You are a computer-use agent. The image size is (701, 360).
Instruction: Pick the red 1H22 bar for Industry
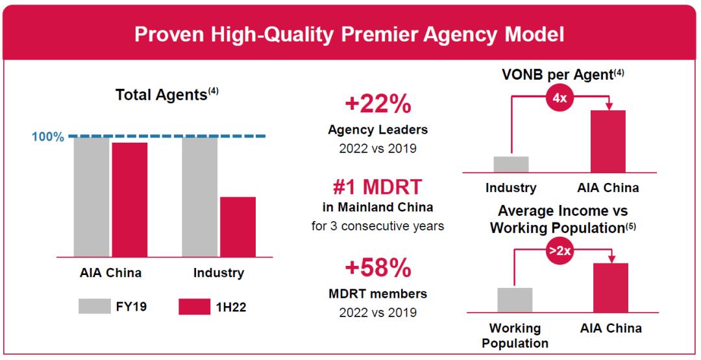[238, 226]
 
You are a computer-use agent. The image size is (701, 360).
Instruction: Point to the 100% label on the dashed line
[47, 137]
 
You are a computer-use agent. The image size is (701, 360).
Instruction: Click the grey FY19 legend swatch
[94, 306]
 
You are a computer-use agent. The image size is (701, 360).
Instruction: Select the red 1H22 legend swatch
[195, 306]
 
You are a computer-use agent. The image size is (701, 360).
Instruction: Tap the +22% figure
[378, 104]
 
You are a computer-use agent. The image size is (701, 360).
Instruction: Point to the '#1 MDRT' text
[378, 188]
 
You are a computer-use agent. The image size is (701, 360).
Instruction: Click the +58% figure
[378, 269]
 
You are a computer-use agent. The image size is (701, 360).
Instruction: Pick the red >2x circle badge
[559, 252]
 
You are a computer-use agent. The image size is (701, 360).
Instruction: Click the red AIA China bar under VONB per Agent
[608, 141]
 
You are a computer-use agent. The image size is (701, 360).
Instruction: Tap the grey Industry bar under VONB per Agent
[511, 165]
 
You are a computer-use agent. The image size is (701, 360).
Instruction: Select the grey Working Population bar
[515, 300]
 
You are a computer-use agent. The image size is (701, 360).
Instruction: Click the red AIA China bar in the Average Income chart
[611, 287]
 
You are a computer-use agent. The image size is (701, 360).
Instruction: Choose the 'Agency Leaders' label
[378, 130]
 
